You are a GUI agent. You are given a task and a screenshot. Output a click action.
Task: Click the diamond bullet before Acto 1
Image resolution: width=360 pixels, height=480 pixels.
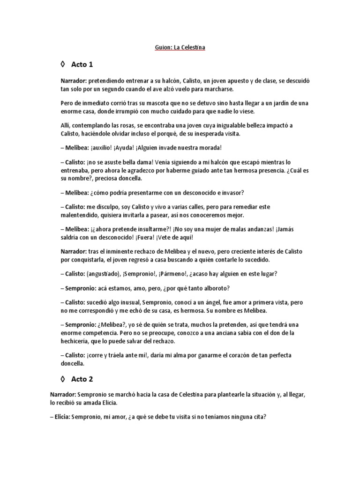pos(63,64)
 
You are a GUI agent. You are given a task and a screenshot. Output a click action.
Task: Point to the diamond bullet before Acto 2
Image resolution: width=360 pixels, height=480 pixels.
pos(63,378)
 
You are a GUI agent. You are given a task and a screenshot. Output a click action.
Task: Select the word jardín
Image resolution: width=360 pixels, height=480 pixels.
pos(280,103)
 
